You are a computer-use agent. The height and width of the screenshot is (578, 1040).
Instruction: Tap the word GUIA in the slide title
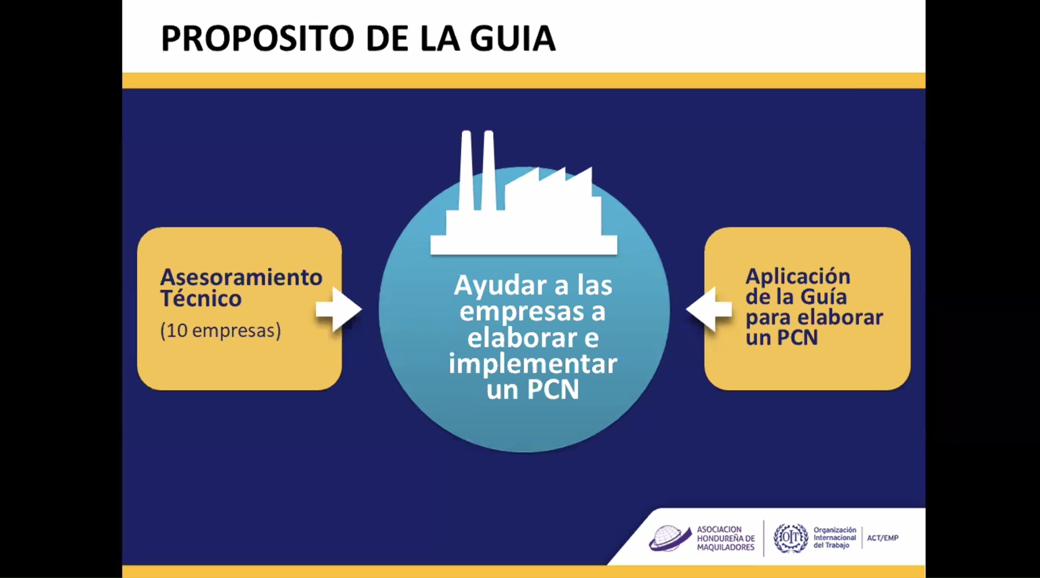(513, 38)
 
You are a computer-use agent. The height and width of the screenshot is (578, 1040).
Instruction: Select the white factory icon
(524, 192)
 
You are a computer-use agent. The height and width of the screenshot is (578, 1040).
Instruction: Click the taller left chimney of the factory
(466, 170)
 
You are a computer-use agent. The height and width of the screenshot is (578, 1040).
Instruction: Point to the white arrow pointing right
(339, 309)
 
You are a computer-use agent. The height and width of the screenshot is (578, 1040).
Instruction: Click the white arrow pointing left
(709, 309)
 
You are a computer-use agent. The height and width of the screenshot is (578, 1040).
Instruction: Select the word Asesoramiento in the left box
(241, 277)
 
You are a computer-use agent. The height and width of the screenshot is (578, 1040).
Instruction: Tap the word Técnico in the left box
(201, 298)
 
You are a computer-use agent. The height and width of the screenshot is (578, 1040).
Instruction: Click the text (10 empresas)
(220, 331)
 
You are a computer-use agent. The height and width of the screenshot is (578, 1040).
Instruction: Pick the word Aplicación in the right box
(798, 276)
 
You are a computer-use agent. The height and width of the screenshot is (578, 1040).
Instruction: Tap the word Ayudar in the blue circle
(500, 285)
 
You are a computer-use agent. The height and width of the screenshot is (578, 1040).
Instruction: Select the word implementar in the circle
(532, 363)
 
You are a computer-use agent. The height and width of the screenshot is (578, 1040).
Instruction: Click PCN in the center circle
(553, 389)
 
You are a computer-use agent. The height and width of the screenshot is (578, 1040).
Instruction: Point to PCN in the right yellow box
(797, 338)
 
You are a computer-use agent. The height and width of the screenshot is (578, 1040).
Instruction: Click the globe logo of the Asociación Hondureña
(670, 538)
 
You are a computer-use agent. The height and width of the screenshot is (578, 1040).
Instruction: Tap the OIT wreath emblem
(791, 538)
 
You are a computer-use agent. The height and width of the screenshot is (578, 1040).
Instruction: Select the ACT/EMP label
(882, 538)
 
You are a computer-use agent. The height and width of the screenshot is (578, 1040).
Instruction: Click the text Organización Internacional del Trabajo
(835, 537)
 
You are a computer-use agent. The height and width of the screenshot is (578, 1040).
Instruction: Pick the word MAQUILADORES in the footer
(725, 547)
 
